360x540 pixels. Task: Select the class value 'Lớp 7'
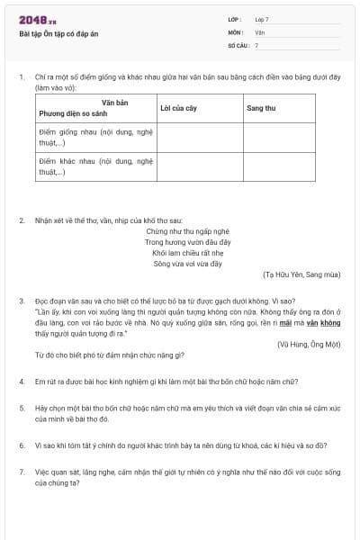click(262, 19)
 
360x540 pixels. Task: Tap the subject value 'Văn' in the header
click(259, 31)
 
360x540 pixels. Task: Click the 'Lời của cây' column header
click(178, 108)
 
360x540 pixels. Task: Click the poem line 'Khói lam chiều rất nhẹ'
click(179, 254)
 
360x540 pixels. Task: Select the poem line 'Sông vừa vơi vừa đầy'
click(179, 265)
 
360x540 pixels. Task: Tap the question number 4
click(22, 381)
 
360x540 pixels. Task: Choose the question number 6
click(22, 445)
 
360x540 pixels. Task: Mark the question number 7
click(22, 471)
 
